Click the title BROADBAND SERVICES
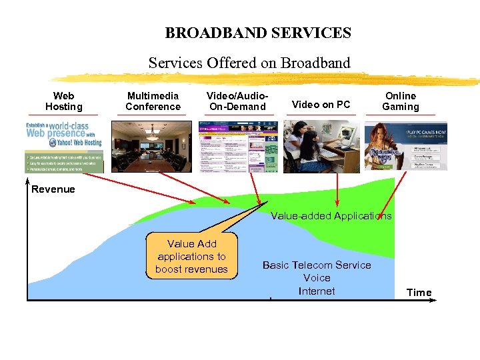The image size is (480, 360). [258, 33]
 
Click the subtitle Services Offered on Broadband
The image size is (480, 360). [249, 63]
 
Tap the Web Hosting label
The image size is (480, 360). [63, 101]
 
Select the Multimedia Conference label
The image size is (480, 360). [153, 101]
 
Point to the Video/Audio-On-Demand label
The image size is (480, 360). [237, 101]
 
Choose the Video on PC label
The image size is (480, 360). [321, 105]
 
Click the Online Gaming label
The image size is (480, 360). [401, 101]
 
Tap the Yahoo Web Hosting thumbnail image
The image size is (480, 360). [65, 147]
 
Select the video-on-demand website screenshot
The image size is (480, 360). [238, 147]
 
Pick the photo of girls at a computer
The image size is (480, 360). [321, 147]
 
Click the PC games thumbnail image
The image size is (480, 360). [406, 147]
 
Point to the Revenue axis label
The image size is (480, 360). [53, 189]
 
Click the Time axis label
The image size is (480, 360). [419, 293]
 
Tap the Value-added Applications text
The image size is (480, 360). [331, 216]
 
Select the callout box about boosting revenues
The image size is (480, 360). [191, 257]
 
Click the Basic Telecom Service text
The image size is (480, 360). [317, 265]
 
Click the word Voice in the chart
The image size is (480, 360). [317, 278]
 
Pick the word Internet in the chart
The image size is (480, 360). [317, 291]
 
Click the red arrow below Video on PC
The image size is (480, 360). [337, 190]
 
